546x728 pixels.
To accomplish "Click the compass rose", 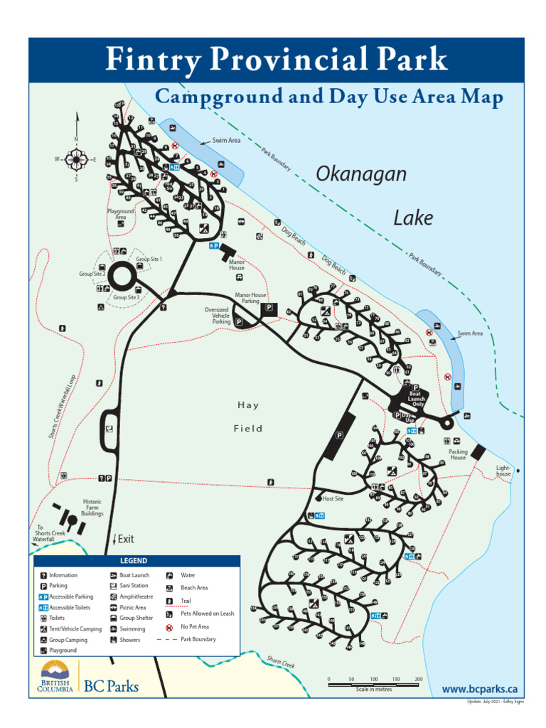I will point(76,159).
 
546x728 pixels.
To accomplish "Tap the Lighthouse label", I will point(503,471).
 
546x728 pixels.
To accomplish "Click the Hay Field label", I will point(249,417).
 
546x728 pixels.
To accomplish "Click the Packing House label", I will point(458,454).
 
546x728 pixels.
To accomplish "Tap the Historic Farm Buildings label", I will point(92,507).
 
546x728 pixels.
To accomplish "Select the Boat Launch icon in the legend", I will point(114,575).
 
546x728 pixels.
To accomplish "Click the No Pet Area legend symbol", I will point(169,627).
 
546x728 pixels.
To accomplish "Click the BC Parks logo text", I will point(112,686).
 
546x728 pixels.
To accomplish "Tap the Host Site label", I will point(333,498).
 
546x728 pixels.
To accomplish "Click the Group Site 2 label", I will point(93,274).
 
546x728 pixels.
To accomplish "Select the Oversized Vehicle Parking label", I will point(217,316).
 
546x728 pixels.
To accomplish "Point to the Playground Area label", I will point(121,214).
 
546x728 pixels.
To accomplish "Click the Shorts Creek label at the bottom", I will point(280,662).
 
